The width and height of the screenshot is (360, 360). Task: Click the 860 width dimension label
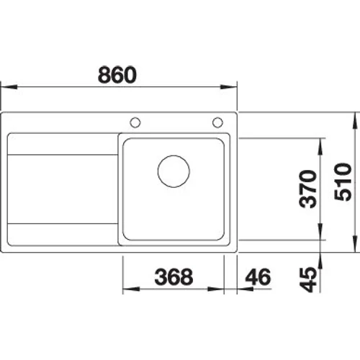[117, 75]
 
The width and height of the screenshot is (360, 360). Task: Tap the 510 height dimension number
[343, 181]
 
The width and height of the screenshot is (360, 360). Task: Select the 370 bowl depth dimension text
[308, 189]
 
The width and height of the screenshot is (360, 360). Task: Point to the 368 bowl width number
[174, 276]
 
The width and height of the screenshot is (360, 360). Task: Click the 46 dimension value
[258, 276]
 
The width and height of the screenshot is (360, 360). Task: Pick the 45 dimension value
[308, 279]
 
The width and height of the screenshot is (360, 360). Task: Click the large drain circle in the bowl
[174, 171]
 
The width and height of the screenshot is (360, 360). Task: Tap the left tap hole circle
[135, 122]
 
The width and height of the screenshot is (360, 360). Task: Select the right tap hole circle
[217, 122]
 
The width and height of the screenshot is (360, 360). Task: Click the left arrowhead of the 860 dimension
[9, 87]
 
